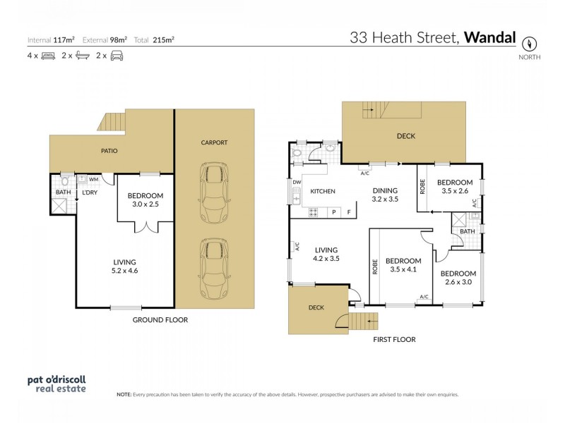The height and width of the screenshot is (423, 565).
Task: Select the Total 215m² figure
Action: [163, 39]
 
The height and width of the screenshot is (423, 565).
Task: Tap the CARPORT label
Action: [214, 142]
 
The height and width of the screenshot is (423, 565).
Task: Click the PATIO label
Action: [108, 151]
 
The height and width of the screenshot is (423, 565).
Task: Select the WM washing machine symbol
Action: [93, 180]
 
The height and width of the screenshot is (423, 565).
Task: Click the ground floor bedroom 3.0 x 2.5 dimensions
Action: [145, 204]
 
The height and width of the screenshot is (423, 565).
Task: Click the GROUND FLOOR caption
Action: [160, 319]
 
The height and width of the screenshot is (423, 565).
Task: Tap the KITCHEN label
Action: [322, 191]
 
